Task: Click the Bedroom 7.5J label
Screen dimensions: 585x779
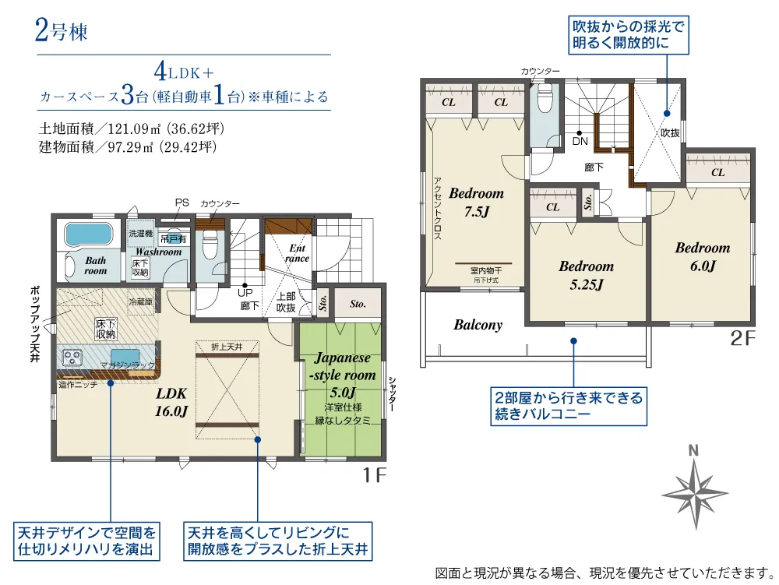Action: click(476, 202)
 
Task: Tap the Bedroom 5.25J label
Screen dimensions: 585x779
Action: click(586, 275)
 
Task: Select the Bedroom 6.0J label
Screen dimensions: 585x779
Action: click(703, 257)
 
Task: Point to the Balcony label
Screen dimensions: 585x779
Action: click(478, 325)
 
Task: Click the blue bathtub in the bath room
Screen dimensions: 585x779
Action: click(87, 234)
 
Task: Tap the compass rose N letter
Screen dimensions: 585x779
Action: click(693, 449)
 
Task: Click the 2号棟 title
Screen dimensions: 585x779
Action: click(61, 32)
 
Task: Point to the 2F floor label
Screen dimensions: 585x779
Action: click(742, 339)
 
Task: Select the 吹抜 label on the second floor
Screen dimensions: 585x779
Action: click(670, 133)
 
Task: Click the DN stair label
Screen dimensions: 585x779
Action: click(580, 142)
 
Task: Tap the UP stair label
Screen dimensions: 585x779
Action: click(245, 293)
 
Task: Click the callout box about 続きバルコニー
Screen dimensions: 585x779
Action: click(568, 406)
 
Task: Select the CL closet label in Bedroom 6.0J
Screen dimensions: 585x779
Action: click(718, 173)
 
